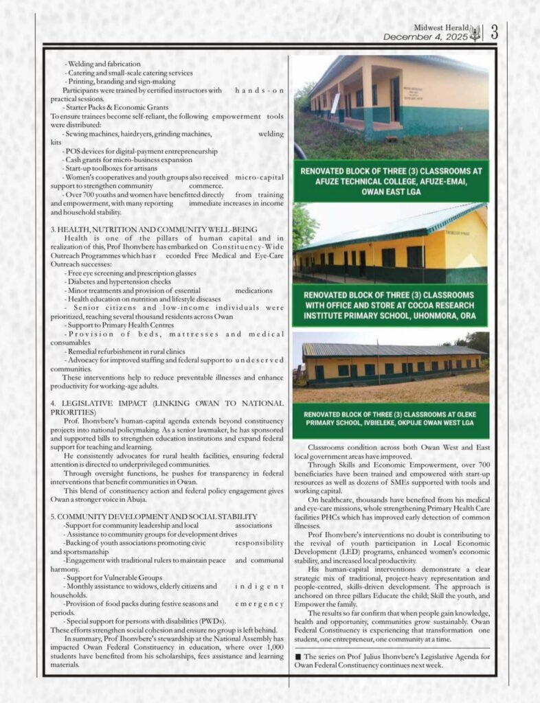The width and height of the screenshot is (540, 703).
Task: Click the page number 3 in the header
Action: [x=494, y=32]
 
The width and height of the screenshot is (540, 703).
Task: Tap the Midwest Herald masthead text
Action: [x=442, y=25]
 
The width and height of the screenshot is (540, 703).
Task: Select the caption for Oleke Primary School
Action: [x=391, y=420]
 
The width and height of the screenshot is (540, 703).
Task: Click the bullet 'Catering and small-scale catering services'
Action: [x=128, y=73]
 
